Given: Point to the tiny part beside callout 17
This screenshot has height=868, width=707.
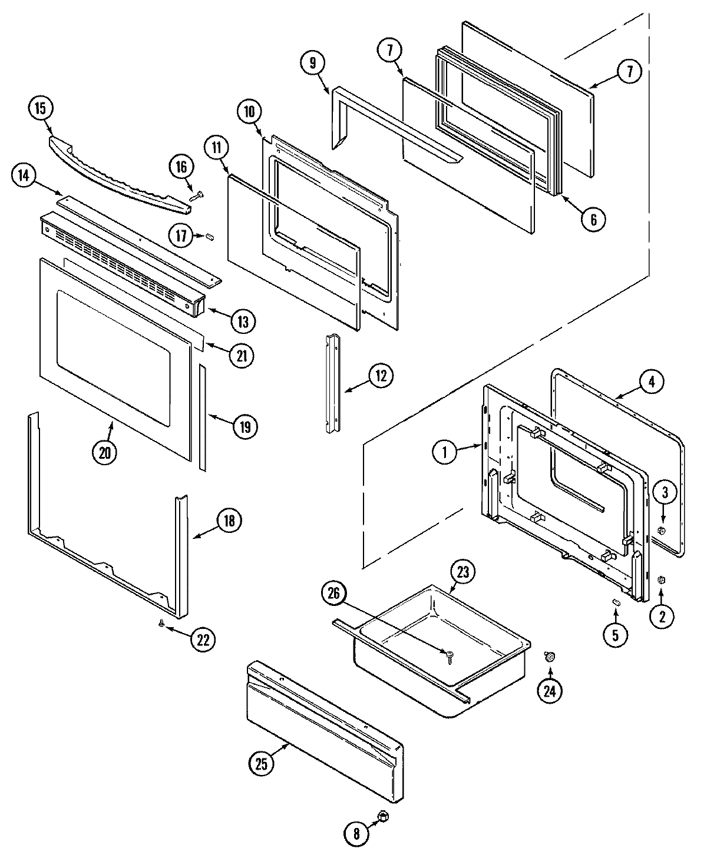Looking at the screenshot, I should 209,236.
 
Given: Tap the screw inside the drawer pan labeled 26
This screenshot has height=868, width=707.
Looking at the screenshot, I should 450,654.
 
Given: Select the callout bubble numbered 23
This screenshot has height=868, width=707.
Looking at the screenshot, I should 463,571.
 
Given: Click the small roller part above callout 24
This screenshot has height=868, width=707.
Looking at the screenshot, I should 550,657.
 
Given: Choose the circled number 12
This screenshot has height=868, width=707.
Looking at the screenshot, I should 381,375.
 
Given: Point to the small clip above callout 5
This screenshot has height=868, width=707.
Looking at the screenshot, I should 616,601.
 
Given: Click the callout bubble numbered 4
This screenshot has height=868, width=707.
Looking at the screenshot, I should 650,382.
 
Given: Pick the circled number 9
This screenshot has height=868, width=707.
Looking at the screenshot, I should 312,62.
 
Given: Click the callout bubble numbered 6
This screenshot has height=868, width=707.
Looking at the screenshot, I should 593,219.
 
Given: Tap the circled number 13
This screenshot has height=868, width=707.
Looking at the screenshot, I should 243,321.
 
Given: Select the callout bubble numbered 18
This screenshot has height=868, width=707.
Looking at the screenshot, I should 229,521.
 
